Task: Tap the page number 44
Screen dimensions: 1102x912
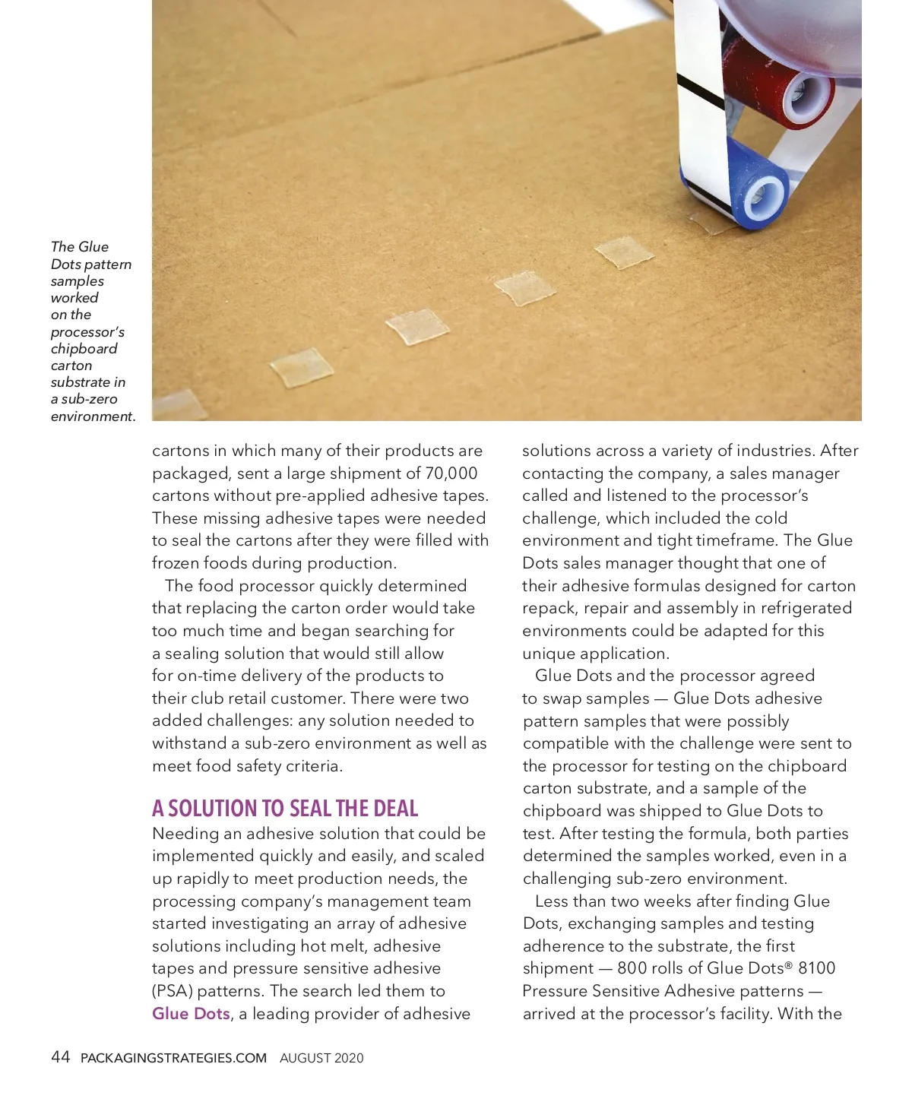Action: pyautogui.click(x=60, y=1057)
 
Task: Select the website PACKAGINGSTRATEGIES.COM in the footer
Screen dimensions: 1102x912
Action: pyautogui.click(x=173, y=1058)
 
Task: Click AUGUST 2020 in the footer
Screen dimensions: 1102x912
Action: pyautogui.click(x=321, y=1058)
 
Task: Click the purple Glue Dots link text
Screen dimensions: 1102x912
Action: pyautogui.click(x=191, y=1014)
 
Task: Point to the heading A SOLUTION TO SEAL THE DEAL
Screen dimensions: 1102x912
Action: pyautogui.click(x=285, y=809)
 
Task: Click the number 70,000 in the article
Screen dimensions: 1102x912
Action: pyautogui.click(x=451, y=473)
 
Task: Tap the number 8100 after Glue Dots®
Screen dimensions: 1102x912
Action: pyautogui.click(x=817, y=968)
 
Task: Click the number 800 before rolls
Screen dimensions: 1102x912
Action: pyautogui.click(x=632, y=968)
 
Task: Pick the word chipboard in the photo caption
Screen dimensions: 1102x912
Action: pyautogui.click(x=84, y=349)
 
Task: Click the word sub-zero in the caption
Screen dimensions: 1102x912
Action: pyautogui.click(x=90, y=399)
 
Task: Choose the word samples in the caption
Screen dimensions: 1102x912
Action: pyautogui.click(x=77, y=281)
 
